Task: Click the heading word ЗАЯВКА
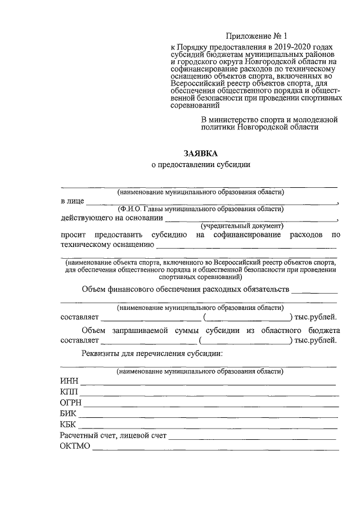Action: [x=200, y=153]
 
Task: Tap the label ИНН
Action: [x=69, y=381]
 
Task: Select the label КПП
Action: [x=69, y=391]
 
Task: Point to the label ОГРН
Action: [x=71, y=402]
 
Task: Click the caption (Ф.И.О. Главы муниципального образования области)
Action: [x=200, y=209]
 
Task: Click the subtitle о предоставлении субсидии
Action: [x=200, y=165]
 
